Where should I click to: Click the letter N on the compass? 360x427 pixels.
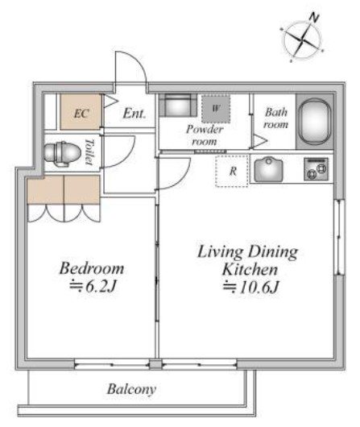(314, 18)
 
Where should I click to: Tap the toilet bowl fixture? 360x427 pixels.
(62, 153)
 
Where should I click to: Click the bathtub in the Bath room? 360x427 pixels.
(315, 121)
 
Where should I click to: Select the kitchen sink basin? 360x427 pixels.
(268, 170)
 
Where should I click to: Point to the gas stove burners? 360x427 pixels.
(316, 169)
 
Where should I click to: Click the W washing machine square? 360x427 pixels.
(216, 109)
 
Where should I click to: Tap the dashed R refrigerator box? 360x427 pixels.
(232, 172)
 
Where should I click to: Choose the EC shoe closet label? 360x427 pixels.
(81, 114)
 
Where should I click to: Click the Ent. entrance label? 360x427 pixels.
(134, 114)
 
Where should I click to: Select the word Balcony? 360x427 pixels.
(131, 389)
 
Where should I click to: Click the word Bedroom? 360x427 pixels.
(92, 268)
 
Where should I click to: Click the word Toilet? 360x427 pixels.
(89, 151)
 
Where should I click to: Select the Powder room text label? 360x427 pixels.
(205, 135)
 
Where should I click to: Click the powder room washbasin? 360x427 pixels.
(178, 106)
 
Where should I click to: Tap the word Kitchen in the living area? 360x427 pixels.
(250, 269)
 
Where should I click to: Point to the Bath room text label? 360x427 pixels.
(275, 118)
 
